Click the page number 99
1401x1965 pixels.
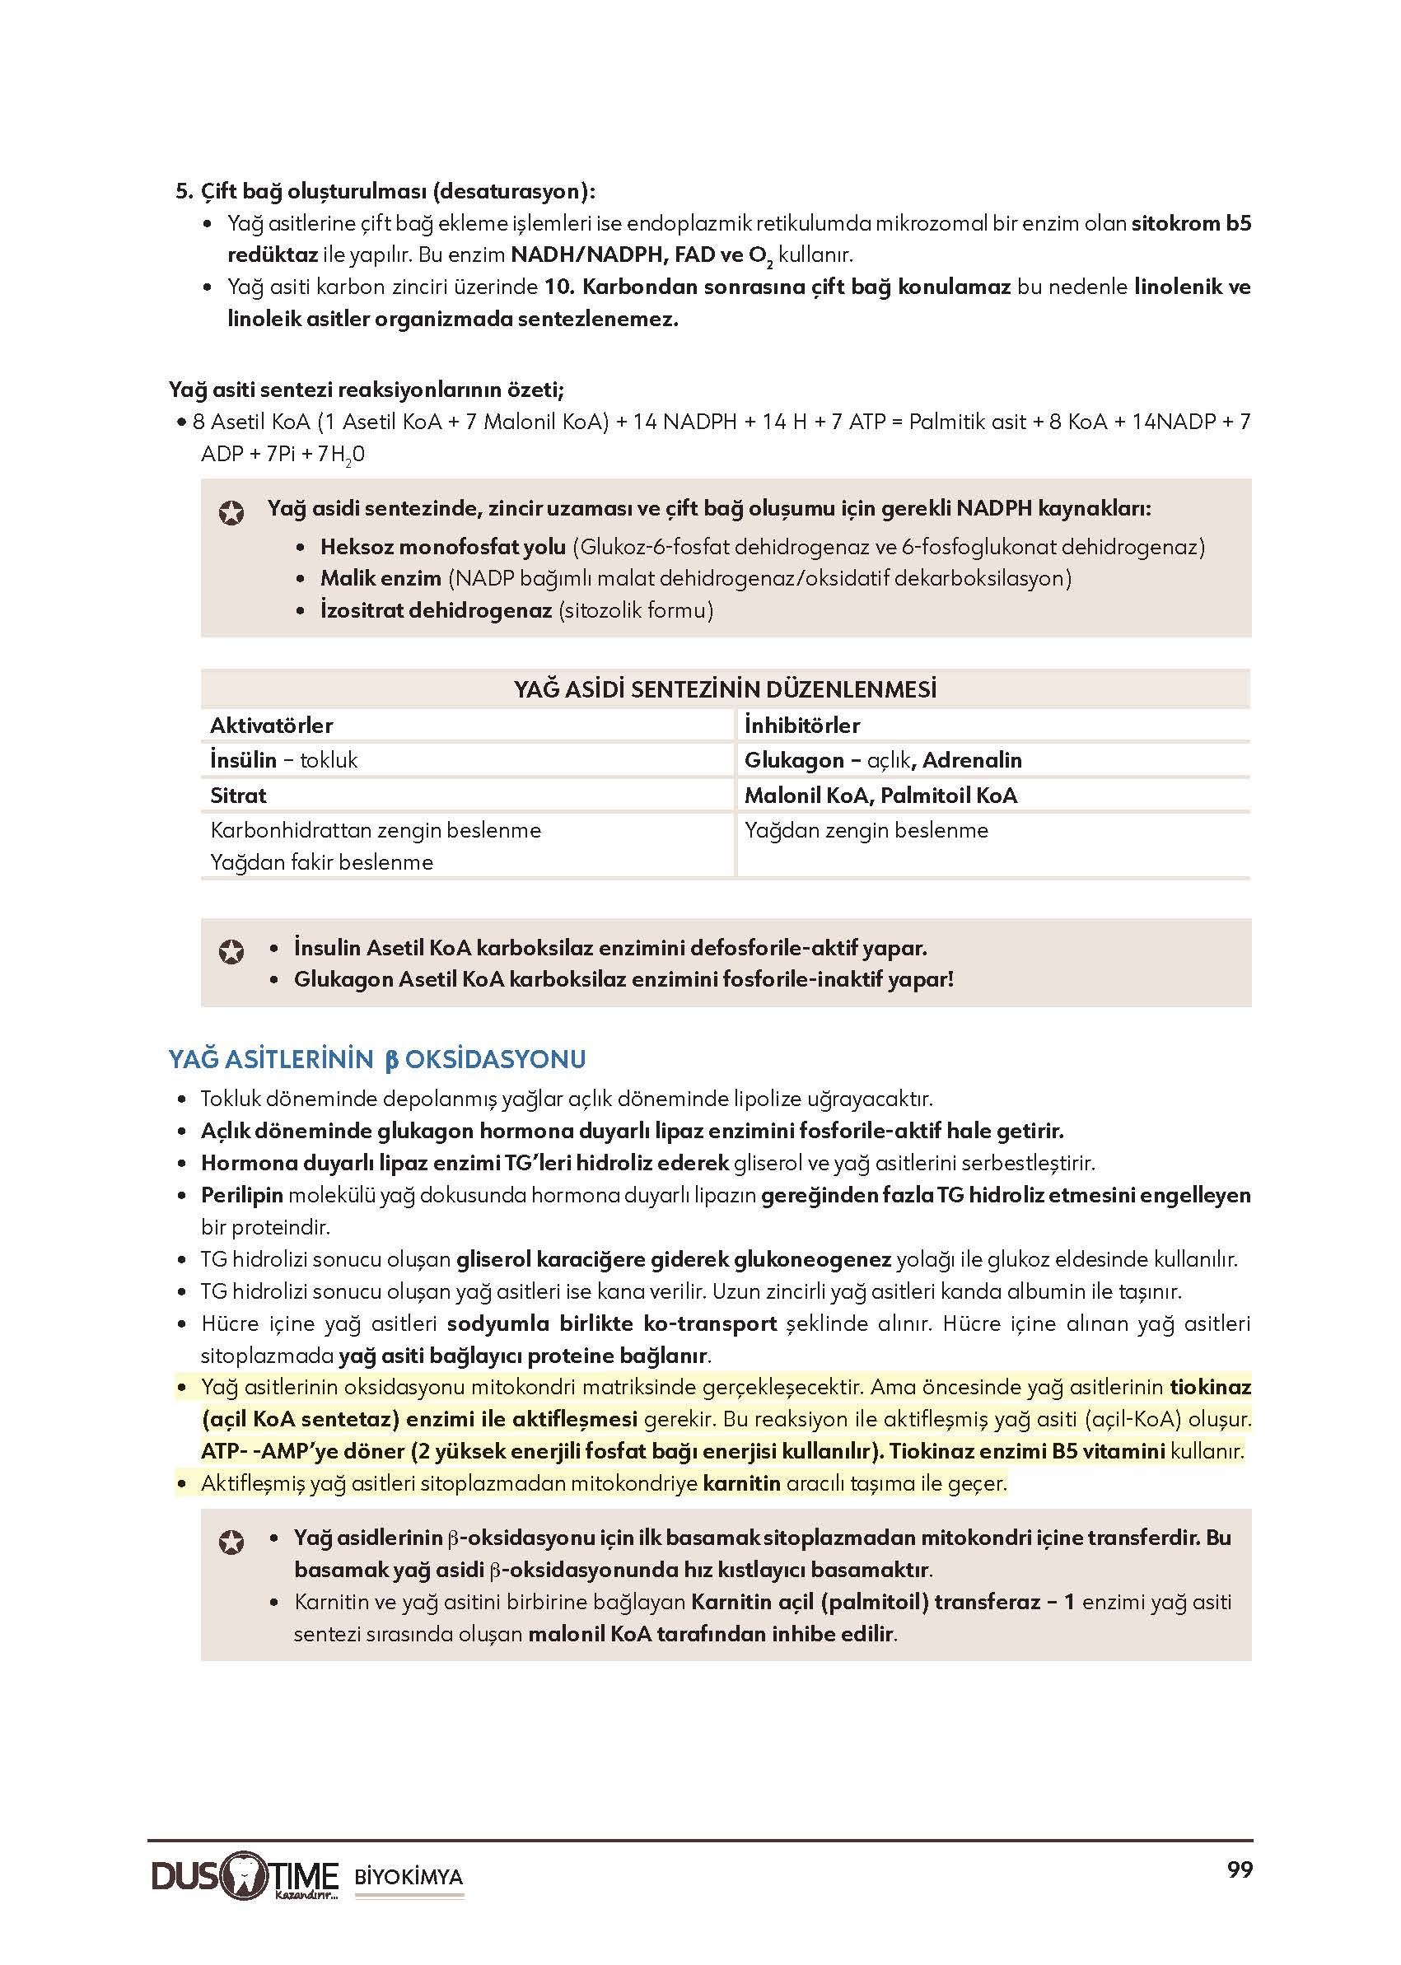point(1239,1870)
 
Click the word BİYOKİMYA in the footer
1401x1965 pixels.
point(409,1877)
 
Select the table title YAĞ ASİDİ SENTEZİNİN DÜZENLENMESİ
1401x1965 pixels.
point(725,689)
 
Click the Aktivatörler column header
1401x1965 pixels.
point(272,726)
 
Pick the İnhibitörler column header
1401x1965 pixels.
point(802,726)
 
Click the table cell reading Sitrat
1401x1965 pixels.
point(239,796)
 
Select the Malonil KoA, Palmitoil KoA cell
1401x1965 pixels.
point(880,796)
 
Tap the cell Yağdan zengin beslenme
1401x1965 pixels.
point(866,830)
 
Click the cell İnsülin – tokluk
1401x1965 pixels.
point(284,760)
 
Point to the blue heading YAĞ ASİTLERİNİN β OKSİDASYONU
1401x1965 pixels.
point(377,1059)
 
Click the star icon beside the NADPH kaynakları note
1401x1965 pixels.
point(231,513)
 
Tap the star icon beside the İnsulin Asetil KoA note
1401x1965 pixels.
point(231,951)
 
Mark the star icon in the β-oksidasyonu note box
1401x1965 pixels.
point(231,1543)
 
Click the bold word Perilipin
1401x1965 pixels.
point(242,1195)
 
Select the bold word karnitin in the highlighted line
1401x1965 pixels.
point(741,1484)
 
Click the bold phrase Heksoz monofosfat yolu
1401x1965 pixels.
point(442,547)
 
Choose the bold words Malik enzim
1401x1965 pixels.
point(381,578)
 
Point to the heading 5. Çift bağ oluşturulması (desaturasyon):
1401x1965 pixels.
point(385,190)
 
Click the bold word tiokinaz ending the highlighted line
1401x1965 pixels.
point(1209,1387)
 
